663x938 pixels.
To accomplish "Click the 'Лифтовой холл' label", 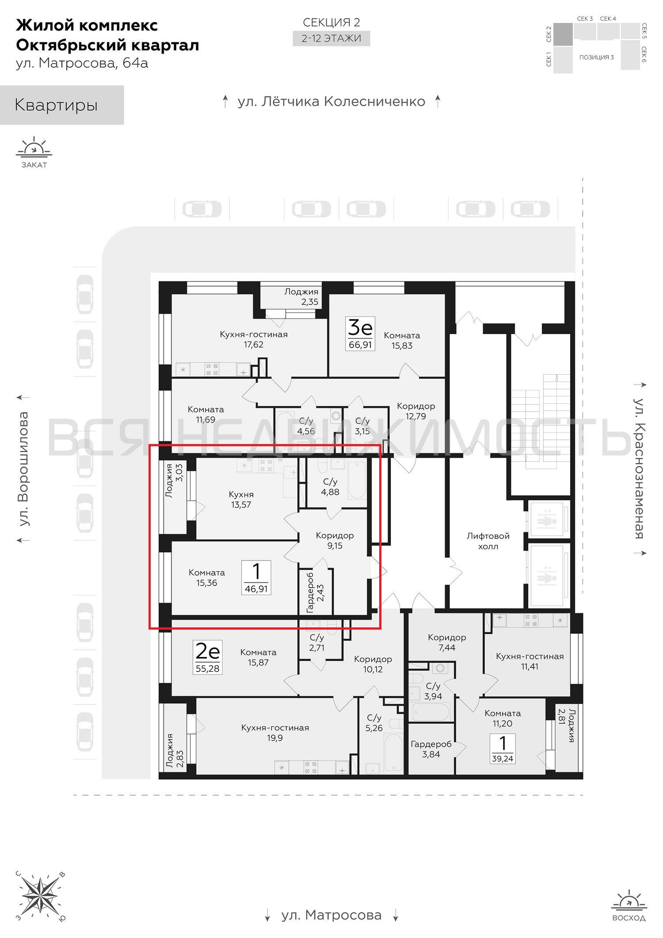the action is (x=488, y=541).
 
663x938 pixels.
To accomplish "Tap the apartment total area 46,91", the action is (x=256, y=589).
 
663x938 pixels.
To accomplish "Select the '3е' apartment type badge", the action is (x=360, y=327).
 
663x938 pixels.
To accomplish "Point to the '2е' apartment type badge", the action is (x=207, y=651).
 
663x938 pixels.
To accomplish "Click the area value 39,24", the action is (x=503, y=758).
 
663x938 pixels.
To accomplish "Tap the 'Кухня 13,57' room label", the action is (x=241, y=499).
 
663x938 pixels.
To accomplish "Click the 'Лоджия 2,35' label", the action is (x=301, y=296).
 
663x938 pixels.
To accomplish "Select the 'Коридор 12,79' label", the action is (x=416, y=411).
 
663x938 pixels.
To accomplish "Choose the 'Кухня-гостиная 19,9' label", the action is (x=275, y=733).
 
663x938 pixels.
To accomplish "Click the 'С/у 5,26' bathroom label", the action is (x=374, y=723).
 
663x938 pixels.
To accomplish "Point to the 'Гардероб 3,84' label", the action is (x=431, y=749).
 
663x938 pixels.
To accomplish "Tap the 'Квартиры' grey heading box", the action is (x=62, y=105).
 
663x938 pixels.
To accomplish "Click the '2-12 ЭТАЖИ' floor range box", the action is (x=331, y=38).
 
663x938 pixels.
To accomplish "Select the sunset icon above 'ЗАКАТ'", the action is (x=34, y=147).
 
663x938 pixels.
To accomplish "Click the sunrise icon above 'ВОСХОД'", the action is (x=629, y=901).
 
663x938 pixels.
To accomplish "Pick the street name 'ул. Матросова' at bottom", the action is (x=331, y=915).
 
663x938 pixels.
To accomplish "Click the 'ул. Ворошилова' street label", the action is (x=23, y=469).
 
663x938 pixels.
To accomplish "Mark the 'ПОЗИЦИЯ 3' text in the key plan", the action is (x=596, y=57).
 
